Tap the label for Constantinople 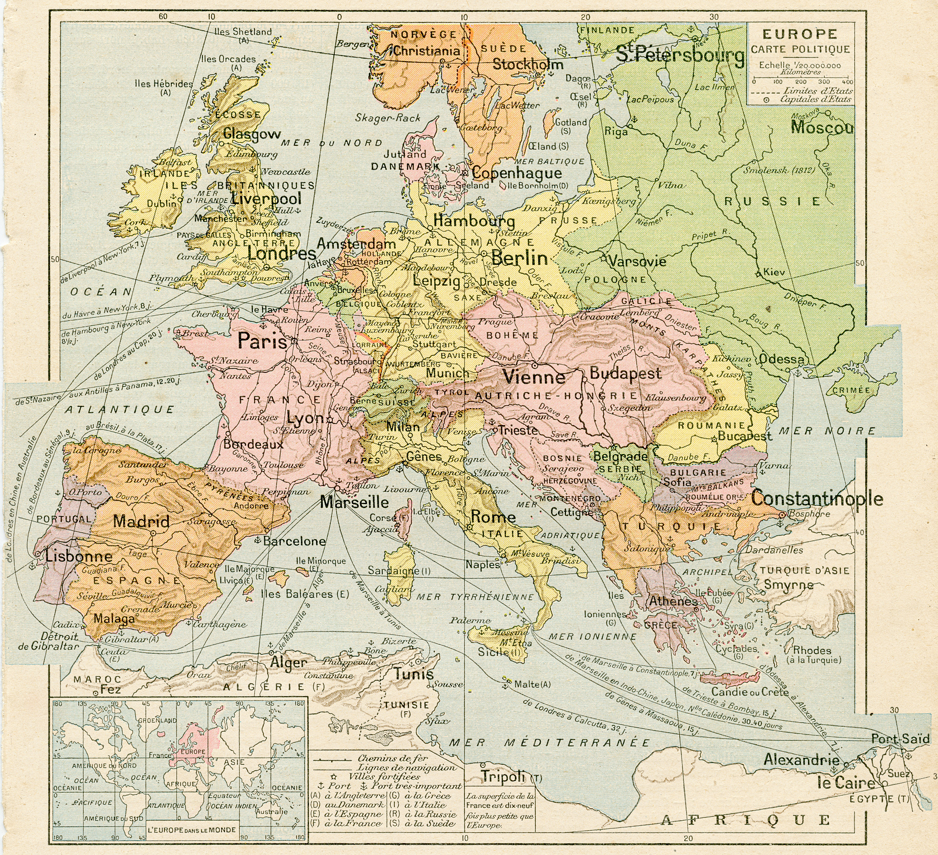(x=817, y=499)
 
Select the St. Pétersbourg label (x=680, y=55)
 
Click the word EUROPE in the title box (x=800, y=34)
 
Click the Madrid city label (x=142, y=521)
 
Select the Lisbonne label (x=79, y=556)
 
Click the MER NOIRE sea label (x=827, y=431)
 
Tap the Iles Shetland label (x=243, y=32)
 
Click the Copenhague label (x=517, y=174)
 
